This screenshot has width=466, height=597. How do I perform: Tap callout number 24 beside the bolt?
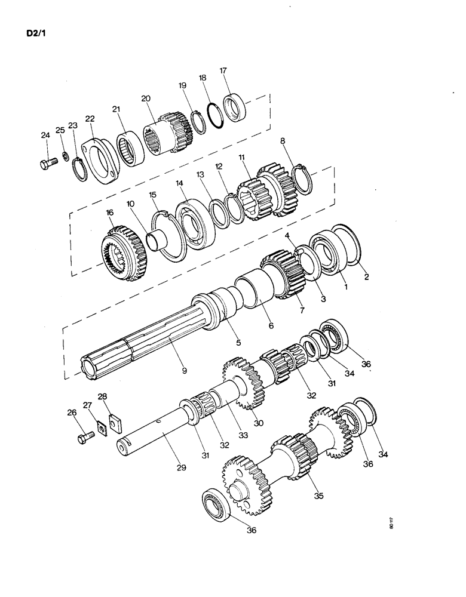point(45,136)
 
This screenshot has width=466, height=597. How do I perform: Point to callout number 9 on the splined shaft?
point(184,371)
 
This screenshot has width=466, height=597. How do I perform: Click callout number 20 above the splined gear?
point(146,99)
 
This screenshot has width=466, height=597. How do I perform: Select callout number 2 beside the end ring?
point(366,276)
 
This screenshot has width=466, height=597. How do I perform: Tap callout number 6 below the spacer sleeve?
point(271,326)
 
